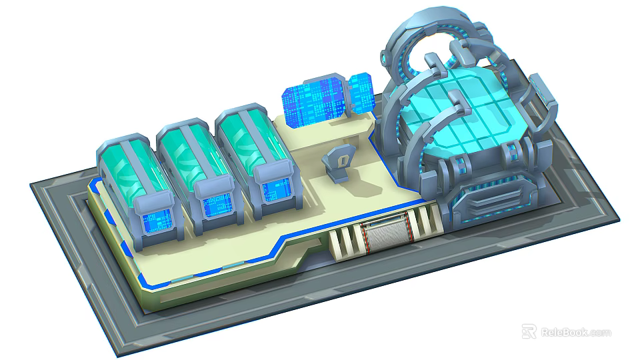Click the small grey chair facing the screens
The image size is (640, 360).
click(x=337, y=164)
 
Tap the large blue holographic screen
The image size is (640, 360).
click(x=315, y=103)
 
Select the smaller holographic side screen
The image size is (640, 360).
click(x=361, y=93)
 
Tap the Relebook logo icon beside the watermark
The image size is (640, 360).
click(x=529, y=331)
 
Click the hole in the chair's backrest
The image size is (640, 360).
click(x=341, y=159)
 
